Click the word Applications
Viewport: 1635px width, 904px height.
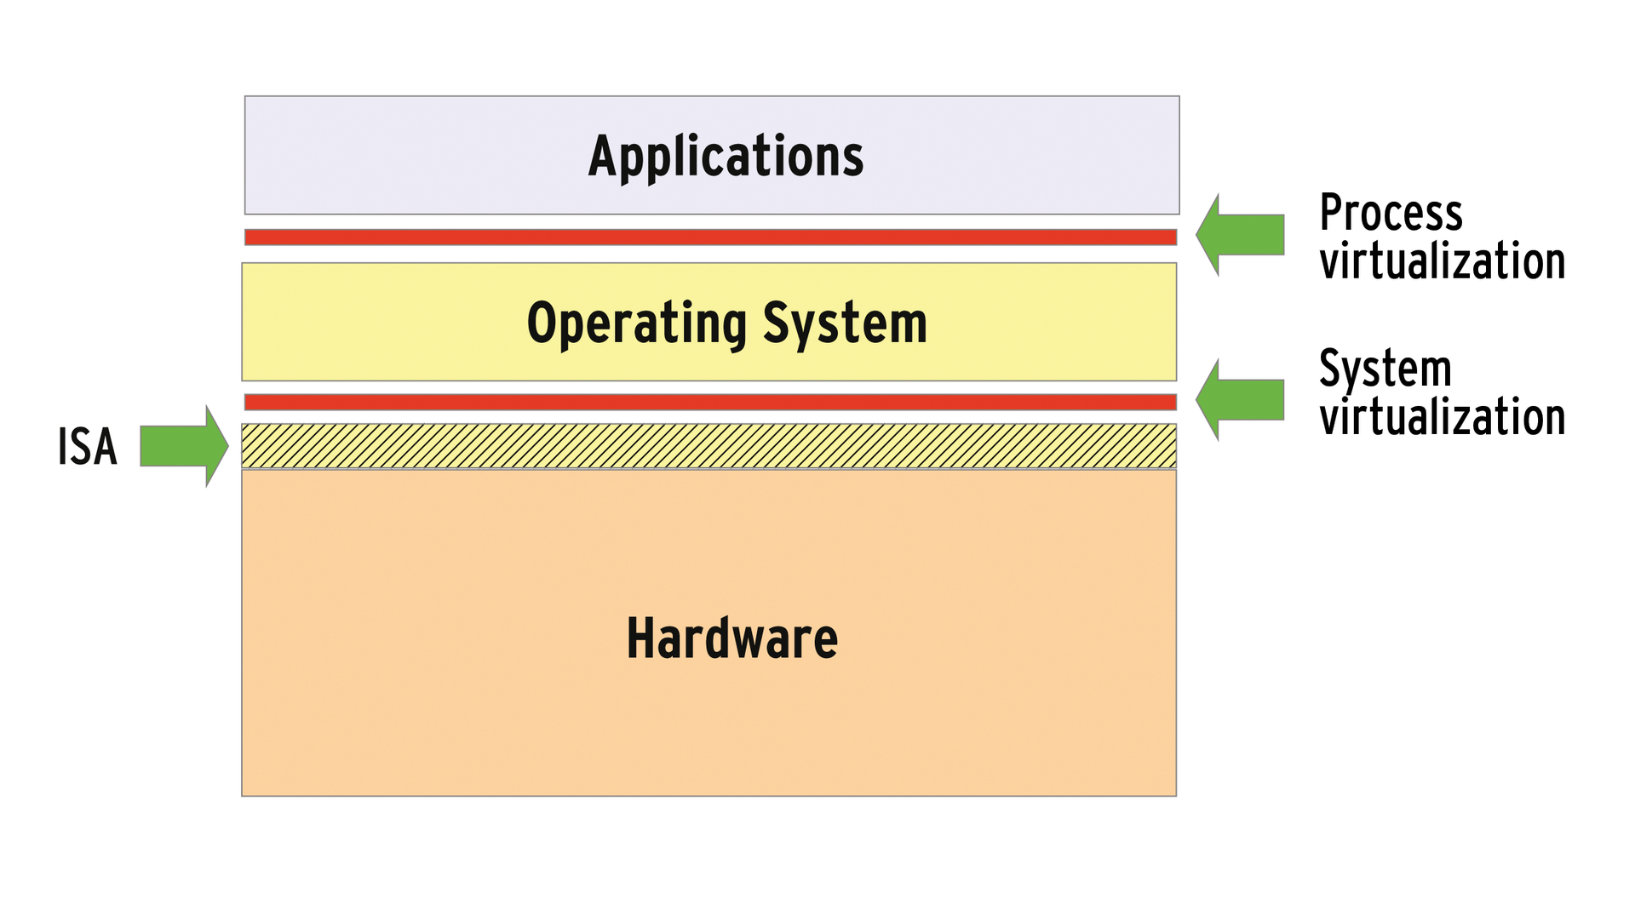(x=726, y=157)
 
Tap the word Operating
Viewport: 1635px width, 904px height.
(x=636, y=324)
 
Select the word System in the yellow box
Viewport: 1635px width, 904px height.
(x=844, y=323)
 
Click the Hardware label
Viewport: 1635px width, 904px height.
(x=731, y=638)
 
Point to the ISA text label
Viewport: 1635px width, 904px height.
(x=87, y=447)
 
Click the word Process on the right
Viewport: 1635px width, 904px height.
(x=1390, y=213)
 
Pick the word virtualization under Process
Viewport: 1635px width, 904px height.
(x=1442, y=260)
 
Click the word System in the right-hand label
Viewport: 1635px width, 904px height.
(x=1385, y=369)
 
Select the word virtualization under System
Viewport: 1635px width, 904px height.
(x=1442, y=417)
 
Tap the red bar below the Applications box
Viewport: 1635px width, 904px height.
(x=710, y=237)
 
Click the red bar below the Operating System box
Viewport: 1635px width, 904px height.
(x=710, y=403)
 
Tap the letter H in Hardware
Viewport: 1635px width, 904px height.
(x=640, y=638)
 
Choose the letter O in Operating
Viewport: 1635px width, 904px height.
(x=542, y=323)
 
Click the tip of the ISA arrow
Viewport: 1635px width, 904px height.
(x=227, y=445)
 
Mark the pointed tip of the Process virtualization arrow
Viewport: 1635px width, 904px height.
(x=1198, y=235)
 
